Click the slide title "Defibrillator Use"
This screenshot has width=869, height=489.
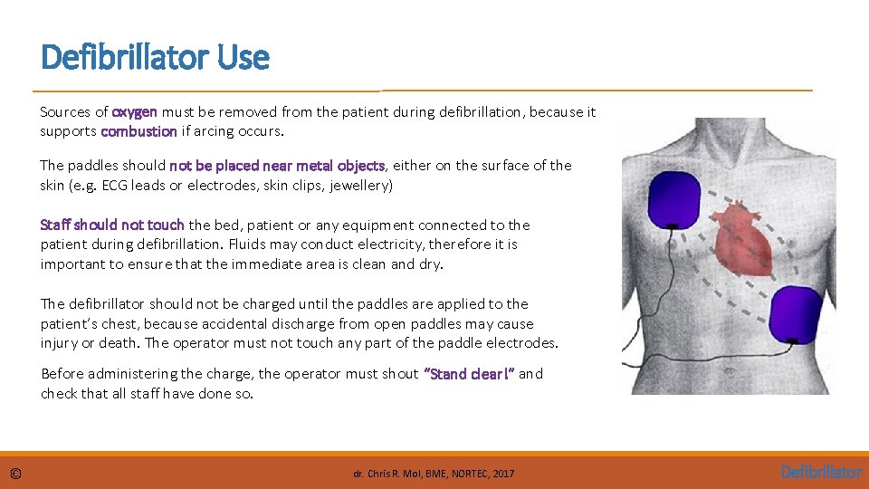(155, 58)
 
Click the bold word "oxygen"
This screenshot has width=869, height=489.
(134, 112)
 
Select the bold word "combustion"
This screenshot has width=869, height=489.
(138, 131)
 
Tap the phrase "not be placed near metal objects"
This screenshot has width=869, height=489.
(277, 166)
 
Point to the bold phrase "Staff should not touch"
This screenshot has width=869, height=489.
(112, 225)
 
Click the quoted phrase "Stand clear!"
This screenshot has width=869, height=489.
(469, 374)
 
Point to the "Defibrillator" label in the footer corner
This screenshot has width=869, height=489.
(821, 472)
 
